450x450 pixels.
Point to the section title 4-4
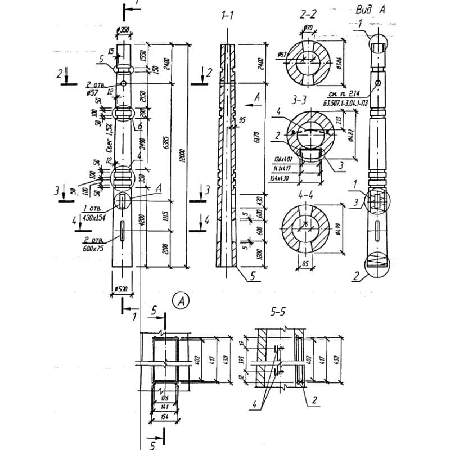click(x=307, y=192)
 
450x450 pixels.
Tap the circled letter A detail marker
click(x=182, y=301)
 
